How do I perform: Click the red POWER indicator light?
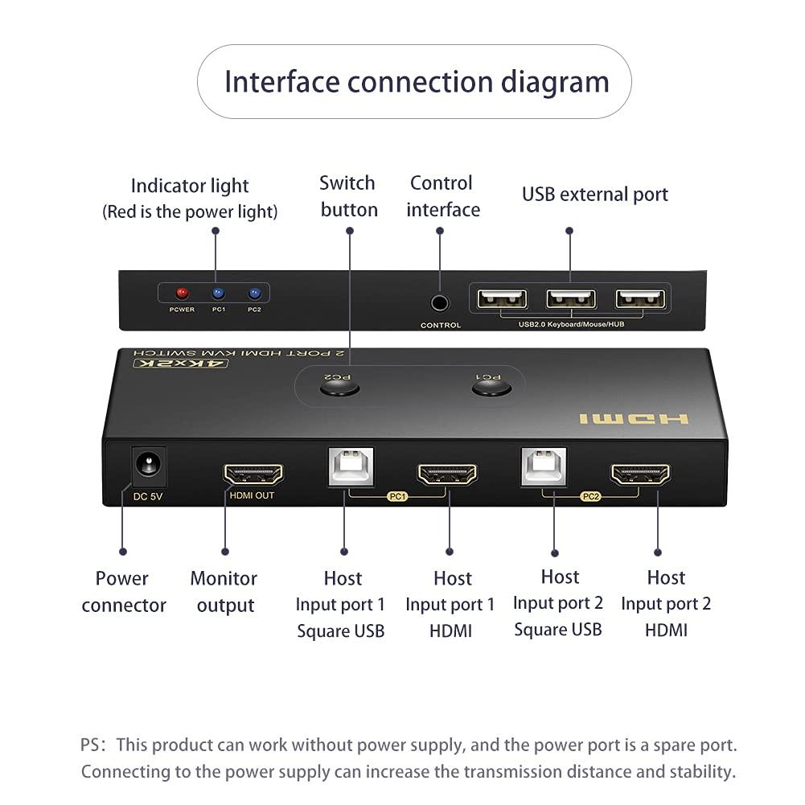click(182, 294)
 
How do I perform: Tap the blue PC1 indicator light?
click(218, 294)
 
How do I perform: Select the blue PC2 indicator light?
click(255, 294)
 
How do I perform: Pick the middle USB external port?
click(571, 299)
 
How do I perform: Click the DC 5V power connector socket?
click(148, 464)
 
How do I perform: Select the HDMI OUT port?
click(253, 474)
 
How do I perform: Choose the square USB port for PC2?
click(543, 466)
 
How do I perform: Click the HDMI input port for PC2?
click(640, 474)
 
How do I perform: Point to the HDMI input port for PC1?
click(446, 474)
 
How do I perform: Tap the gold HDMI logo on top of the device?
click(634, 419)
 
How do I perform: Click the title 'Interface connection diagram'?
click(416, 82)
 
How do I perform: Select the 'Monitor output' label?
click(224, 592)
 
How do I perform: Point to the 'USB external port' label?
click(594, 194)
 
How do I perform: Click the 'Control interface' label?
click(442, 196)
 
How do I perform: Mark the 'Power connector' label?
click(123, 592)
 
